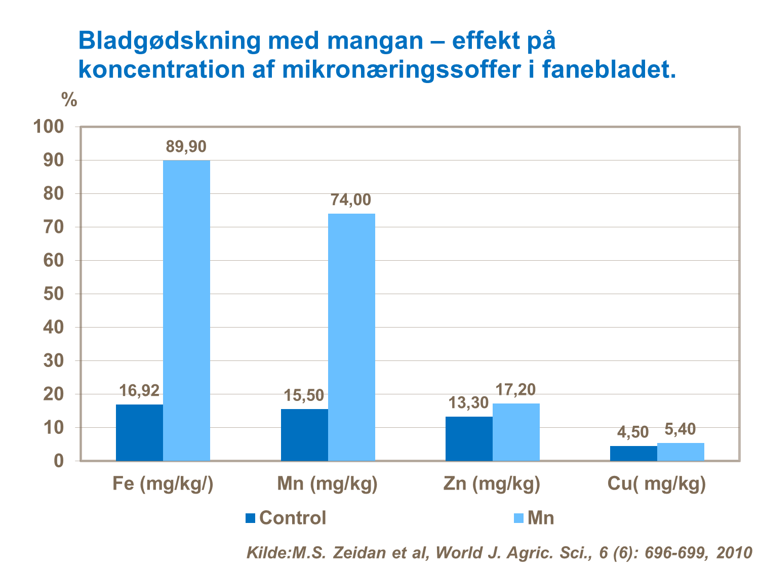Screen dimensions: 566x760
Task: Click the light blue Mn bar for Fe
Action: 186,310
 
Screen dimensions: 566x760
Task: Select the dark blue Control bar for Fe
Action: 139,432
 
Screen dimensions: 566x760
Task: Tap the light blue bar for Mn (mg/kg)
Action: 351,337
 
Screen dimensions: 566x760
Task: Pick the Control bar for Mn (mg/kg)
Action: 304,434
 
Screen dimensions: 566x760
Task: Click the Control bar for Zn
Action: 469,438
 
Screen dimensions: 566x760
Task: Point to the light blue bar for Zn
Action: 516,432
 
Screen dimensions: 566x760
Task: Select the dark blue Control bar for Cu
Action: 633,453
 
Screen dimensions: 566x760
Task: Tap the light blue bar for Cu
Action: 681,452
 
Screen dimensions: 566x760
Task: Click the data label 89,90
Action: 186,147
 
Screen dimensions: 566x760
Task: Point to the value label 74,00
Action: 351,200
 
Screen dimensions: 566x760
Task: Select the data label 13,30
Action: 469,403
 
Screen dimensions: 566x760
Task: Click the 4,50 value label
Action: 633,432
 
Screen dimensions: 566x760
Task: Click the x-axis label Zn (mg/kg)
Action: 492,484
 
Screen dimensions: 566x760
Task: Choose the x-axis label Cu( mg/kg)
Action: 656,484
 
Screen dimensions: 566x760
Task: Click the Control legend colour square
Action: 251,518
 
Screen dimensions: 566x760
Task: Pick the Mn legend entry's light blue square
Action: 519,518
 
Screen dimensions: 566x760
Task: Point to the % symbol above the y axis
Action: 69,100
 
